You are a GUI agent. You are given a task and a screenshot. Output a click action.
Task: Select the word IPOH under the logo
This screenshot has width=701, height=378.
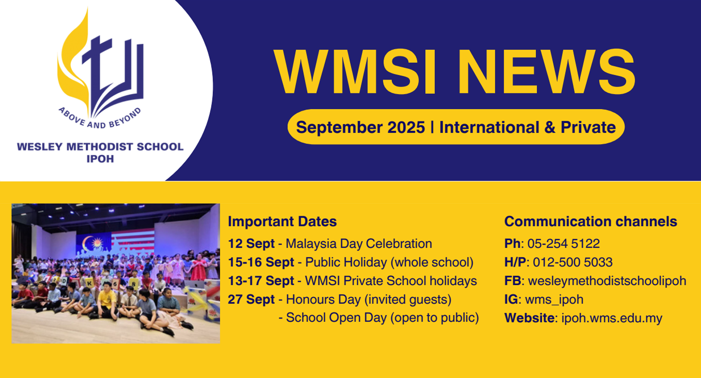pos(100,159)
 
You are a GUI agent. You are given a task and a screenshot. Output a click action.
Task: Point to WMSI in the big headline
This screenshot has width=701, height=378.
pos(354,72)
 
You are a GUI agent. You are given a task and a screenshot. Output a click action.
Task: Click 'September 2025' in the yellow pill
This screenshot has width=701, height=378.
pos(360,127)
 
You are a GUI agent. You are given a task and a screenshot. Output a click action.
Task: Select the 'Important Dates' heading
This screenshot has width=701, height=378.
pos(282,221)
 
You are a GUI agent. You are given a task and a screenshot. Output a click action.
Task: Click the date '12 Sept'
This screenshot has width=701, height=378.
pos(251,243)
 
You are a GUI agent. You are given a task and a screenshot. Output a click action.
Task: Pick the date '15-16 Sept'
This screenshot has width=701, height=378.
pos(261,262)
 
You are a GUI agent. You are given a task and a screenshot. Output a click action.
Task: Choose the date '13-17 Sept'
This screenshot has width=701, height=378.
pos(261,281)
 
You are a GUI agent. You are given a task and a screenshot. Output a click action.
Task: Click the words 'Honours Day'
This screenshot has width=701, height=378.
pos(323,299)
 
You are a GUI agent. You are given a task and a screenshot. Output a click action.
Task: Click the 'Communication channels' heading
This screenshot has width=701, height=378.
pos(590,221)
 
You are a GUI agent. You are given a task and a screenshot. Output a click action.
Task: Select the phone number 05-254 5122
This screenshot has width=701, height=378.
pos(563,243)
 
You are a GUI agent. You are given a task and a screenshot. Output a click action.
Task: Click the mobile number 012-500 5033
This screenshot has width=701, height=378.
pos(572,262)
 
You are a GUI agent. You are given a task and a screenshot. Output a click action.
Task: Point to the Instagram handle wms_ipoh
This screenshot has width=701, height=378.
pos(554,299)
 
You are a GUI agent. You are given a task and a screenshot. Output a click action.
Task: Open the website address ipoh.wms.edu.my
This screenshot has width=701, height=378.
pos(611,318)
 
